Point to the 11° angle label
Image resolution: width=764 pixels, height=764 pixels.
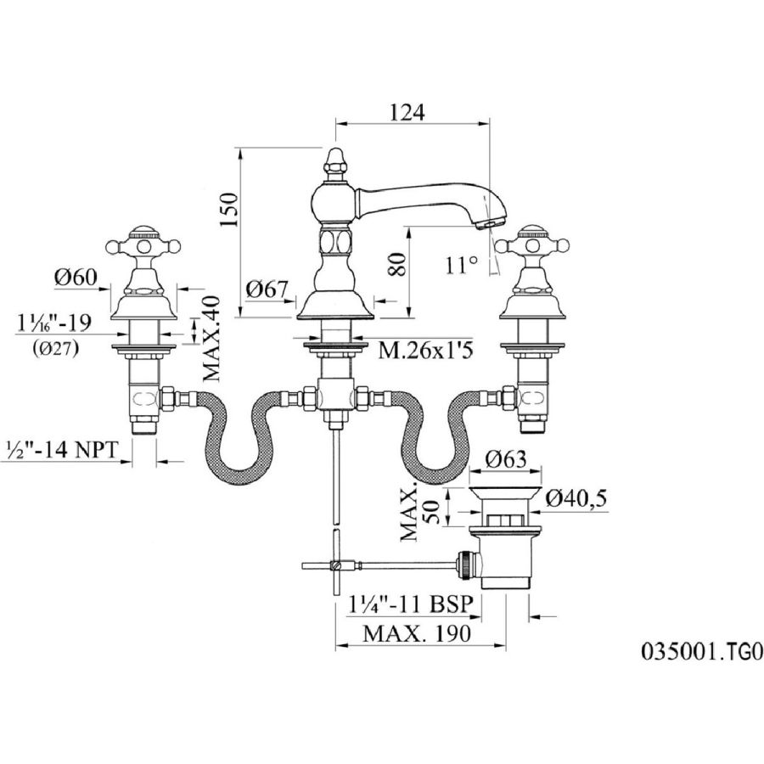(x=461, y=264)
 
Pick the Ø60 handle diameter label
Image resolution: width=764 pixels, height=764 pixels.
(x=76, y=277)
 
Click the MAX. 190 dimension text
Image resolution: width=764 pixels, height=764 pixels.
(x=417, y=633)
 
